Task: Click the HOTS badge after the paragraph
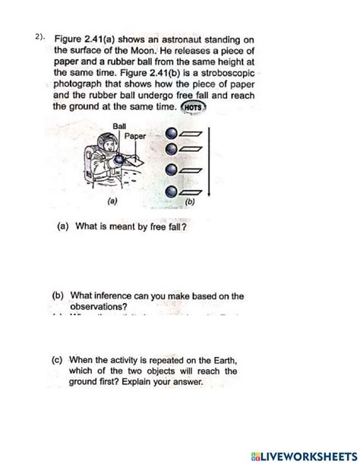pyautogui.click(x=195, y=108)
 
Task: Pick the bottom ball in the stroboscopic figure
pyautogui.click(x=174, y=191)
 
